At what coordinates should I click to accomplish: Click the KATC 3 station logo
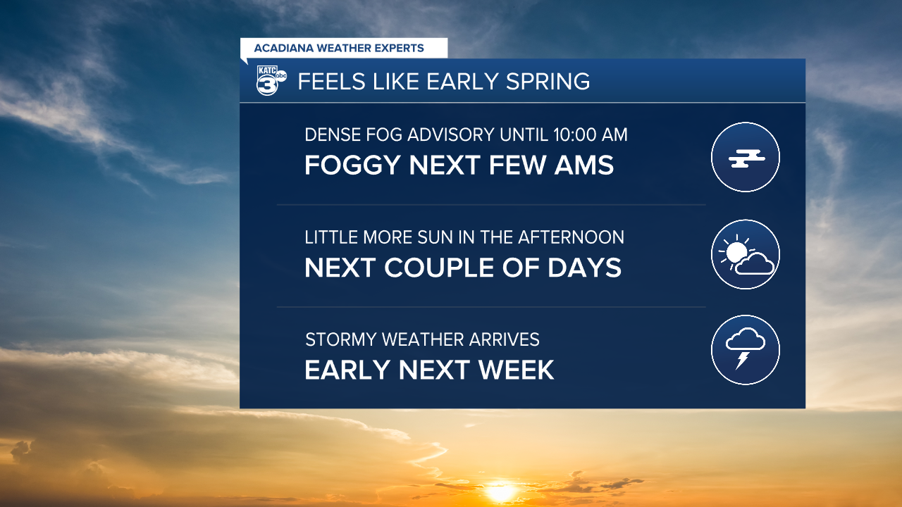271,80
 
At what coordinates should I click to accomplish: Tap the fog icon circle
746,157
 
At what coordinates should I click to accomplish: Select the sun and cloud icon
746,254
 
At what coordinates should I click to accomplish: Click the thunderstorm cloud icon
746,350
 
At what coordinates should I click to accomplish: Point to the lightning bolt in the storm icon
742,360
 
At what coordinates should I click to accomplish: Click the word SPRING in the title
548,81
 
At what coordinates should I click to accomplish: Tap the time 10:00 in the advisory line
575,134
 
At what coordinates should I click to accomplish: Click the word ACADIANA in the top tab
283,49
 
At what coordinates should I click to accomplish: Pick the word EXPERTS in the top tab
399,49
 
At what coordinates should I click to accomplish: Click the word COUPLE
439,268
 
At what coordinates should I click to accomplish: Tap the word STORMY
341,339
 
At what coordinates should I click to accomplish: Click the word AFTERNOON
571,237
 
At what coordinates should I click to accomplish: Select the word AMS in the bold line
584,165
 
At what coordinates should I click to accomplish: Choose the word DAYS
584,268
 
